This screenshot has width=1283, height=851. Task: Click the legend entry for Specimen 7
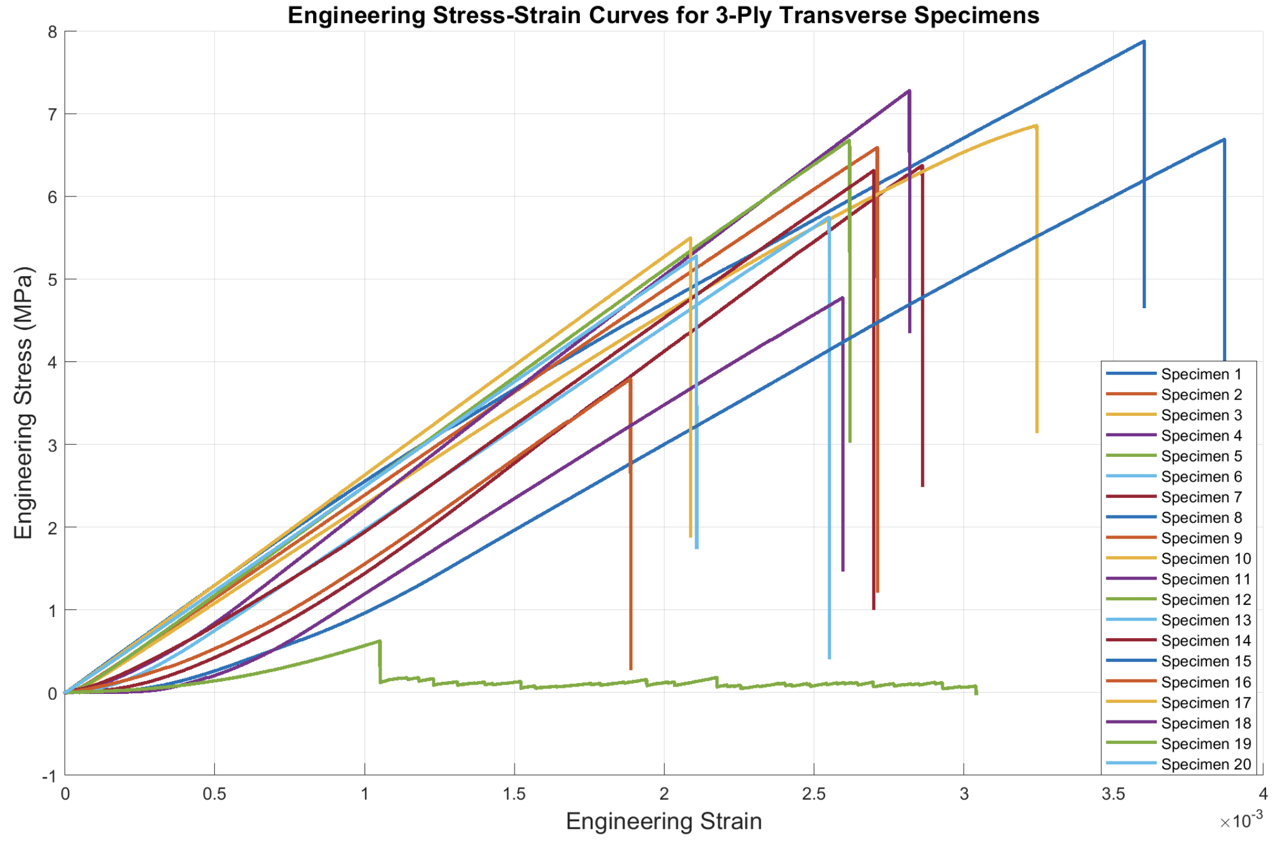pos(1201,497)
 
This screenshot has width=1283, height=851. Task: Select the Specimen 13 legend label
pos(1206,620)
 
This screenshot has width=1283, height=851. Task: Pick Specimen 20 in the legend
pos(1206,764)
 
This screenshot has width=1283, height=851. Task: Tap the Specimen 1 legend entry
pos(1201,374)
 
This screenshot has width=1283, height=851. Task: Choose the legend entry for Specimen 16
pos(1206,682)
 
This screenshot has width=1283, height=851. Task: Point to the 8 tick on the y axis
pos(53,31)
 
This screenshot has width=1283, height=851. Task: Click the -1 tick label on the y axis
pos(49,776)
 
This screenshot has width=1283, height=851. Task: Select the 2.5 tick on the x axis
pos(814,794)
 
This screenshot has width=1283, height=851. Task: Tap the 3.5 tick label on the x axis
pos(1113,794)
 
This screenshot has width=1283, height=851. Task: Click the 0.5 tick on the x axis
pos(214,794)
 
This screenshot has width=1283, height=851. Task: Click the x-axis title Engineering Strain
pos(663,821)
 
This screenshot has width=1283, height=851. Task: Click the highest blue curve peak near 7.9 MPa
pos(1143,41)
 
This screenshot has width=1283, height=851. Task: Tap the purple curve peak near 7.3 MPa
pos(909,91)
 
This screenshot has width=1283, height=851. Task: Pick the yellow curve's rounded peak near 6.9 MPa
pos(1036,126)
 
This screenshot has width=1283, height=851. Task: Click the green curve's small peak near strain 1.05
pos(379,641)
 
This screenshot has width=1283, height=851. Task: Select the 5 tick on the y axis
pos(53,279)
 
